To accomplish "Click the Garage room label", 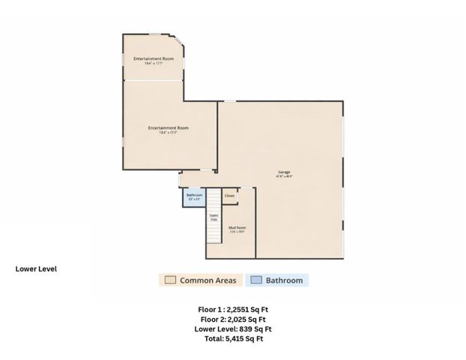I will pyautogui.click(x=284, y=172).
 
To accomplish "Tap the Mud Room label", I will pyautogui.click(x=237, y=227).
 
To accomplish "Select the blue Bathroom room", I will pyautogui.click(x=194, y=197).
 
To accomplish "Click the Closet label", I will pyautogui.click(x=229, y=196).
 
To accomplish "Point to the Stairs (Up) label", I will pyautogui.click(x=213, y=217).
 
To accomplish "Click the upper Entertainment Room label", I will pyautogui.click(x=154, y=58).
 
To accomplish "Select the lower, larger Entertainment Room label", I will pyautogui.click(x=168, y=127).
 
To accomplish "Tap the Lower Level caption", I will pyautogui.click(x=37, y=268).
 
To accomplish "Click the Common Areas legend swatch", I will pyautogui.click(x=170, y=280).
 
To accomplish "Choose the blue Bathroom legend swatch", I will pyautogui.click(x=255, y=280).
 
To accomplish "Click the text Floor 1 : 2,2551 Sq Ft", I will pyautogui.click(x=233, y=309).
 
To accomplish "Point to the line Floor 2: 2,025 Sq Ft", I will pyautogui.click(x=233, y=319).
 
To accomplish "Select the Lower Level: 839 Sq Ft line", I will pyautogui.click(x=233, y=328).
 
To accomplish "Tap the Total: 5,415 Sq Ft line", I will pyautogui.click(x=233, y=338).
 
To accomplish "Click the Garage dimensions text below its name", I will pyautogui.click(x=284, y=177).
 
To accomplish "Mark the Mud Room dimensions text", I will pyautogui.click(x=237, y=232).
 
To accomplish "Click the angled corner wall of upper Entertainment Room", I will pyautogui.click(x=180, y=44).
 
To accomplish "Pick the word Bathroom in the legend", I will pyautogui.click(x=285, y=280).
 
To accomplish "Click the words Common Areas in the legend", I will pyautogui.click(x=208, y=280).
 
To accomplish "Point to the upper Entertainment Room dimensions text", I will pyautogui.click(x=154, y=63).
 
